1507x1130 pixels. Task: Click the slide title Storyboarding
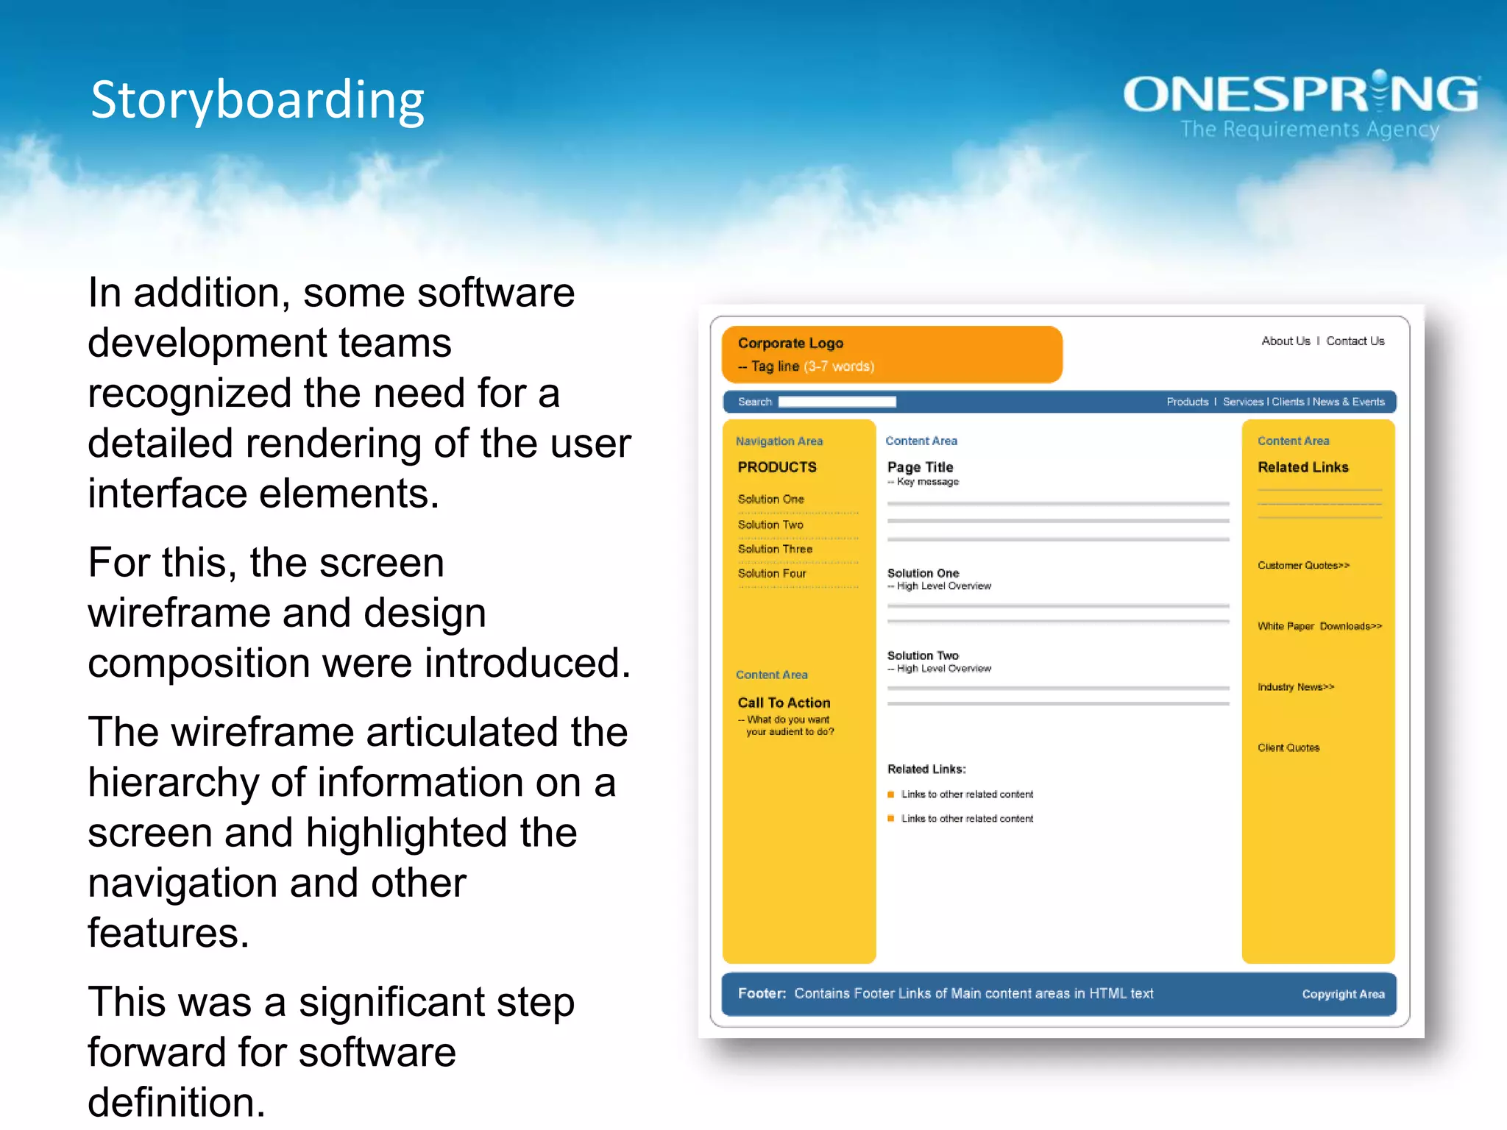click(x=257, y=100)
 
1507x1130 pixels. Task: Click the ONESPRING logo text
click(x=1301, y=94)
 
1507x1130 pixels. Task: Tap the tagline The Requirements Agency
click(x=1310, y=129)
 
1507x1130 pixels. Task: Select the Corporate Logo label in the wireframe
click(x=790, y=343)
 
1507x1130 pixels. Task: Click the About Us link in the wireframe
click(x=1286, y=341)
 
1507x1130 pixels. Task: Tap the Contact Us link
click(x=1355, y=341)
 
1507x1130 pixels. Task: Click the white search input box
click(x=837, y=402)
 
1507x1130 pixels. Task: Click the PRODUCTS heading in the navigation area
click(x=777, y=467)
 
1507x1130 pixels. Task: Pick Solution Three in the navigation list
click(x=775, y=549)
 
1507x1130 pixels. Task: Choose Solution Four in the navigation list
click(x=772, y=573)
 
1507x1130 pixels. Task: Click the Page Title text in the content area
click(x=920, y=467)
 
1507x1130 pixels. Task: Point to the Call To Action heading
click(x=784, y=703)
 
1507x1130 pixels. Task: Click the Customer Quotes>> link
click(x=1303, y=565)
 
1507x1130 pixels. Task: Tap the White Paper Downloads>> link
click(x=1319, y=626)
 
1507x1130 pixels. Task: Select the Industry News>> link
click(x=1296, y=687)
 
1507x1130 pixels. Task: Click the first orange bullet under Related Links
click(x=891, y=795)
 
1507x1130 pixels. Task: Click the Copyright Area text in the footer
click(x=1343, y=994)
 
